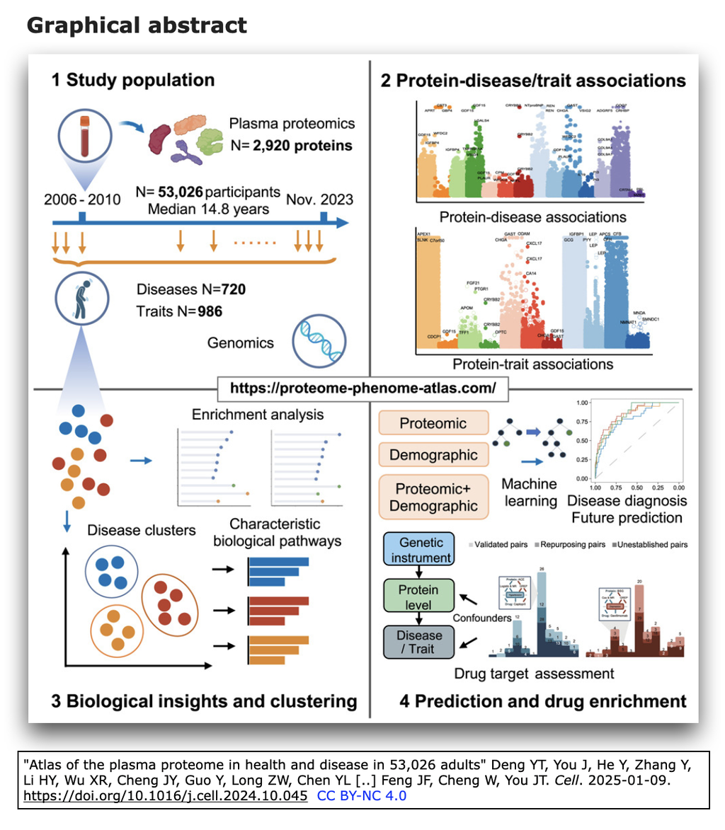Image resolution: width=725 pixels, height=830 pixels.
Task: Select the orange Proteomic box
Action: [x=433, y=423]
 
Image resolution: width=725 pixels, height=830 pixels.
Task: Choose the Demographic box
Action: [x=433, y=454]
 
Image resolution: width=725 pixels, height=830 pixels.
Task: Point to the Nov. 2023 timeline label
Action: [x=320, y=200]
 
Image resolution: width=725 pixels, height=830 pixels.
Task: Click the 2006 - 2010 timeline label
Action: [x=81, y=200]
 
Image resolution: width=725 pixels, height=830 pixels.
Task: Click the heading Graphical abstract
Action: [x=137, y=25]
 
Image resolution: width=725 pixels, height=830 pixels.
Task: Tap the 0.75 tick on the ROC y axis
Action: [x=584, y=423]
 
